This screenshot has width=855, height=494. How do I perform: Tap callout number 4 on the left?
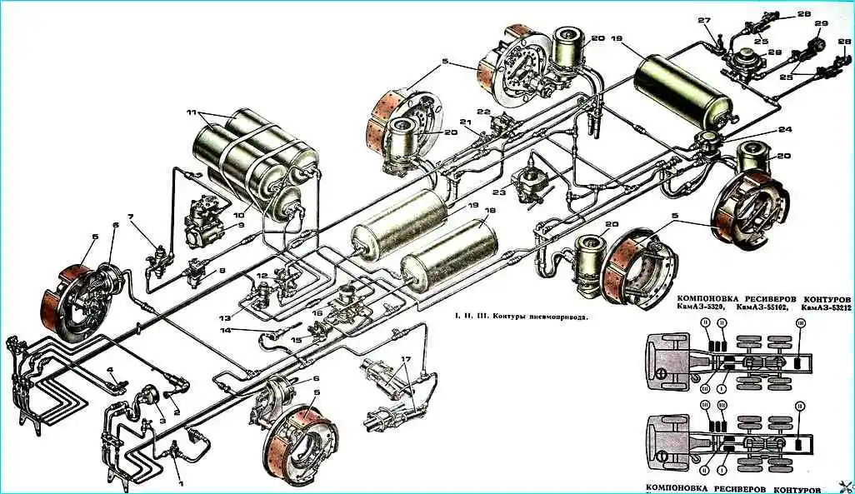pos(109,370)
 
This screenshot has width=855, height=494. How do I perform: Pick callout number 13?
pos(225,318)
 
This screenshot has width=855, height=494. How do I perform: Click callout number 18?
pos(489,212)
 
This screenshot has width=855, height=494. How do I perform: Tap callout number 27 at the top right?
pos(703,20)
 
